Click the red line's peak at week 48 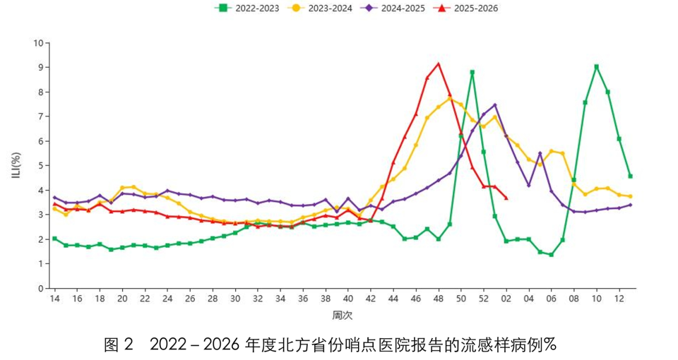(439, 64)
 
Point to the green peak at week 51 (472, 72)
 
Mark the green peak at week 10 (597, 66)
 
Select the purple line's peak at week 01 (495, 105)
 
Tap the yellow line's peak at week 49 (450, 98)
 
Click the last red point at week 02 (506, 198)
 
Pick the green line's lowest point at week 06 (551, 255)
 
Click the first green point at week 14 (54, 239)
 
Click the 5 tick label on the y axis (40, 166)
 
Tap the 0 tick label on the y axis (40, 289)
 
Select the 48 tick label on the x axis (439, 299)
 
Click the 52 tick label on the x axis (484, 299)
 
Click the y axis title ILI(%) (15, 165)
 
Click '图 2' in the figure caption (118, 344)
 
